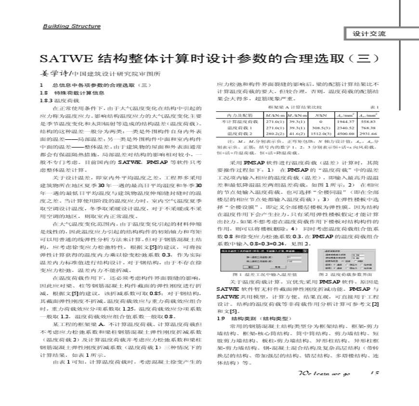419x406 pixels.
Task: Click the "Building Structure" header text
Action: click(x=72, y=26)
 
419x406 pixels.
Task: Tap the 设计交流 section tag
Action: click(x=369, y=34)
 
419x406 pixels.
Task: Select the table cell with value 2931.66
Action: click(x=367, y=133)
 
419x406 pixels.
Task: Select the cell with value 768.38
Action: click(x=367, y=128)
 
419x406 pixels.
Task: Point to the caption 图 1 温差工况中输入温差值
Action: click(x=262, y=274)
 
